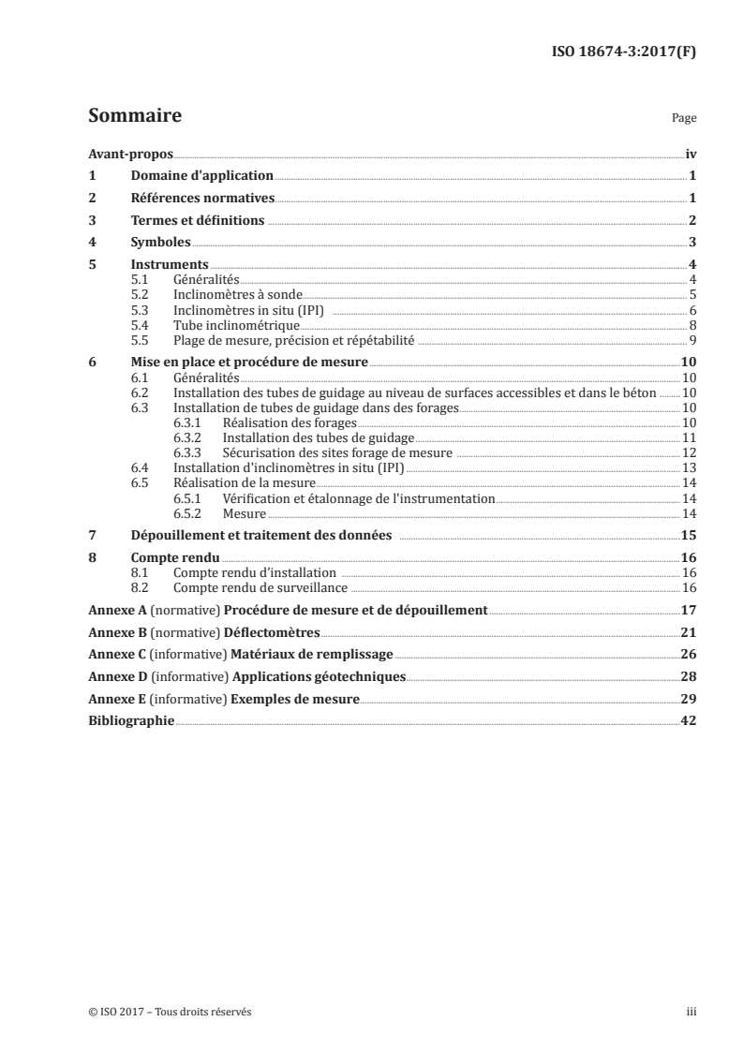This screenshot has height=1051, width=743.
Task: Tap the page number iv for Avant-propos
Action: tap(690, 153)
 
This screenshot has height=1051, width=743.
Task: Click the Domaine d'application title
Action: tap(201, 175)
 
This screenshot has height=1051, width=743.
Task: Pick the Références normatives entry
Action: tap(202, 198)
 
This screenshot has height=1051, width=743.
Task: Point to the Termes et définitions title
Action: tap(198, 221)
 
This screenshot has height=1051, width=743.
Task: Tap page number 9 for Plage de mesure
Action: tap(692, 339)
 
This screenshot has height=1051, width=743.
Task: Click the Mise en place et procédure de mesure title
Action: tap(249, 362)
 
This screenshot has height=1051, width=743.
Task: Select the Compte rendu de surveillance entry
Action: tap(260, 587)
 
